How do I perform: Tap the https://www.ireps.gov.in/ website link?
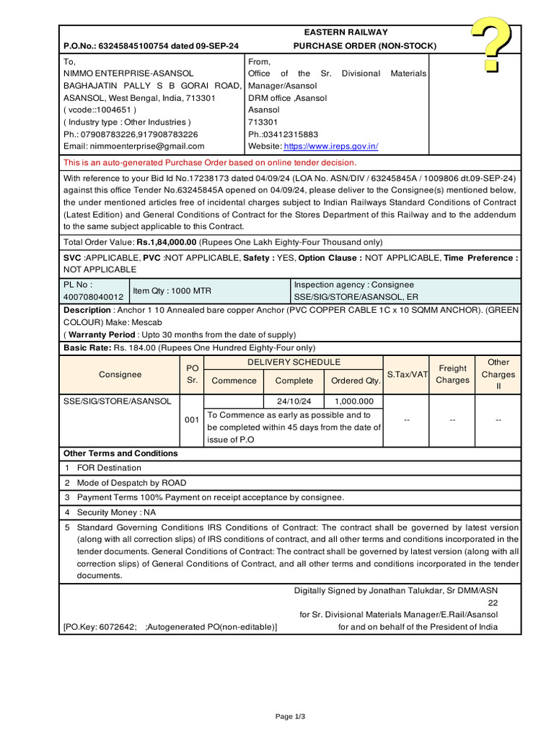click(330, 146)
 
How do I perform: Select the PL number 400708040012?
click(94, 297)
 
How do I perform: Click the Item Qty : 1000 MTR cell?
click(172, 291)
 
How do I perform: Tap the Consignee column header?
click(120, 375)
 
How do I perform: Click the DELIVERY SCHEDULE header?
click(294, 363)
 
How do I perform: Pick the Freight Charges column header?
click(452, 374)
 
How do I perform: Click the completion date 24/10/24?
click(294, 401)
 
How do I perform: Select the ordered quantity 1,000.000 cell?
click(354, 401)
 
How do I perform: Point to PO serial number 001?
click(192, 419)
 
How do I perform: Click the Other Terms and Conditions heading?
click(120, 453)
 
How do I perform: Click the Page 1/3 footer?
click(291, 716)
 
